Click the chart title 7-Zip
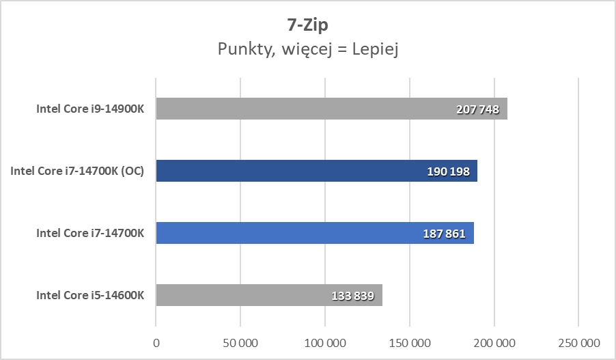pyautogui.click(x=307, y=25)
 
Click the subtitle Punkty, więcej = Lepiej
pyautogui.click(x=307, y=49)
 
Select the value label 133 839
pyautogui.click(x=352, y=296)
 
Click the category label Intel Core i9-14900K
pyautogui.click(x=90, y=109)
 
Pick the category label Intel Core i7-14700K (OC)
pyautogui.click(x=77, y=171)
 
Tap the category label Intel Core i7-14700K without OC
pyautogui.click(x=90, y=233)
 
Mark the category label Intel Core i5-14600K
pyautogui.click(x=90, y=295)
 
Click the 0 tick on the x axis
pyautogui.click(x=156, y=342)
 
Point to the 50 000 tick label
pyautogui.click(x=240, y=342)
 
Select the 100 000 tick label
pyautogui.click(x=325, y=342)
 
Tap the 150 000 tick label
pyautogui.click(x=410, y=342)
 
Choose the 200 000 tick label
pyautogui.click(x=494, y=342)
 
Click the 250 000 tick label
pyautogui.click(x=578, y=342)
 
